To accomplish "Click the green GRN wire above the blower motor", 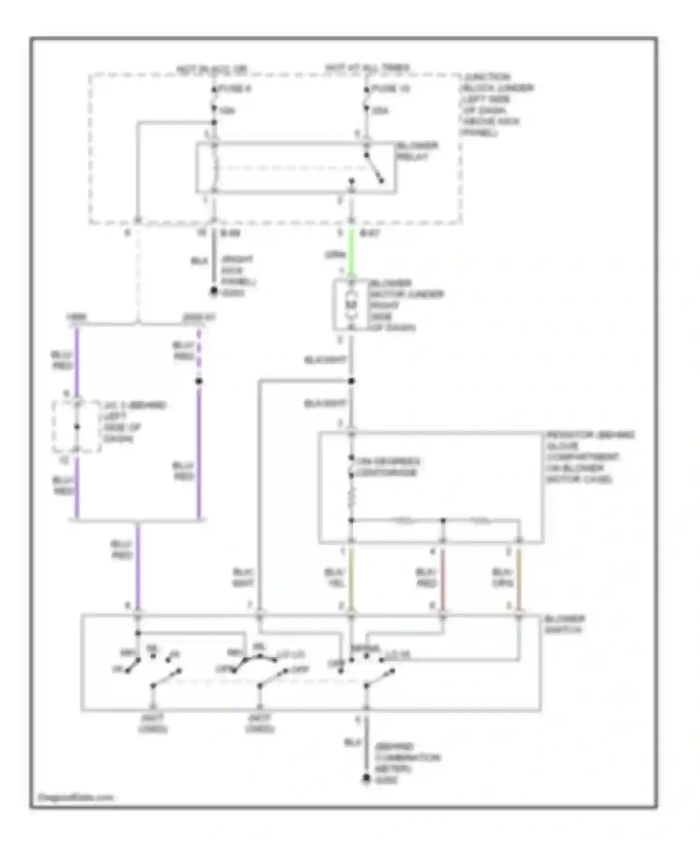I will point(352,254).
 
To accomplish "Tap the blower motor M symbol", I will point(351,305).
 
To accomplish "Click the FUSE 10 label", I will point(391,89).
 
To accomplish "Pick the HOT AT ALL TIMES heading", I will point(367,68).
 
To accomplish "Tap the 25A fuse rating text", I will point(380,111).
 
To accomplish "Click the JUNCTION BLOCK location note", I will point(497,104).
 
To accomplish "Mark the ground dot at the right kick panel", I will point(214,291).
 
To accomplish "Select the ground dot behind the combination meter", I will point(366,778).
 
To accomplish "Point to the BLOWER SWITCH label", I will point(564,624).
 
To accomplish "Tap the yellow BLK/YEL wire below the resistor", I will point(351,578).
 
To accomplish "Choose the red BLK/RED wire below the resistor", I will point(443,578).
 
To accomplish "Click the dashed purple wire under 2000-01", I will point(199,352).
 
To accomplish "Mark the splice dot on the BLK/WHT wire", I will point(351,381).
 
